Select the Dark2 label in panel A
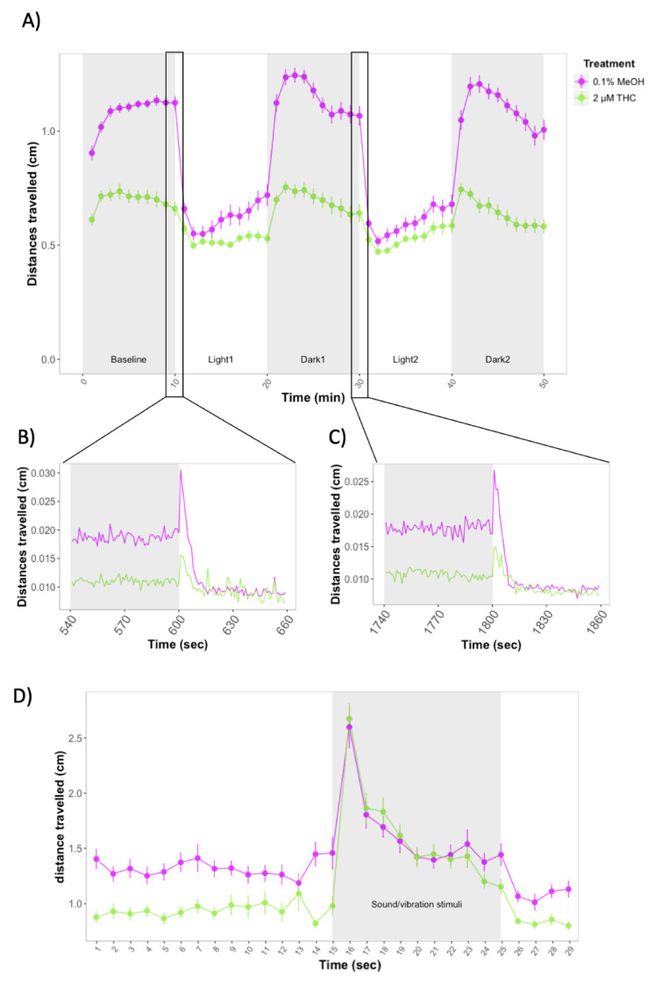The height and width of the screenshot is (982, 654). [497, 359]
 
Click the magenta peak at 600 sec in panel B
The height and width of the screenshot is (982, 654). [181, 472]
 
